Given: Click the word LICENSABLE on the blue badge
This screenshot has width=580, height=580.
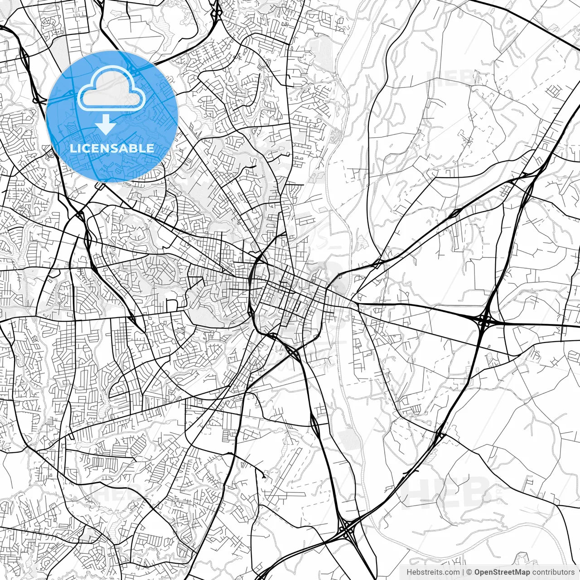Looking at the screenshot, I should [x=112, y=148].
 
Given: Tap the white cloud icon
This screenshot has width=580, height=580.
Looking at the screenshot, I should [x=111, y=89].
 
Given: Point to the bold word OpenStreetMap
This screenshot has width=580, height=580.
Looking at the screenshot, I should [x=502, y=572].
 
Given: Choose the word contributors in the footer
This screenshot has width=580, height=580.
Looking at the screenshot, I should [x=553, y=572].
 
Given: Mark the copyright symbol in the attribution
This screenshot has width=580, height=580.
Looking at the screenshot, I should [x=469, y=572].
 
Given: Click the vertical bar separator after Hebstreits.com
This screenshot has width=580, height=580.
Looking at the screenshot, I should [x=463, y=572].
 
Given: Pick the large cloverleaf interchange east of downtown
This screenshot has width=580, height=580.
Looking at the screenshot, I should [x=484, y=321].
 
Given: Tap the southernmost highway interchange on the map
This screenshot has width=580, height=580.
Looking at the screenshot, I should [x=347, y=528].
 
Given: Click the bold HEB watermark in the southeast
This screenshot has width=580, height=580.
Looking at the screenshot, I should [x=446, y=492].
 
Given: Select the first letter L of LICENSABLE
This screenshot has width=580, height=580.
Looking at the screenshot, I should [x=72, y=148].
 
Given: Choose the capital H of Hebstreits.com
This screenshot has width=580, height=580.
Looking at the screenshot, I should [x=410, y=572].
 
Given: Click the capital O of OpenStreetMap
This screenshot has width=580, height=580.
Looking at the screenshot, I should [x=478, y=572].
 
